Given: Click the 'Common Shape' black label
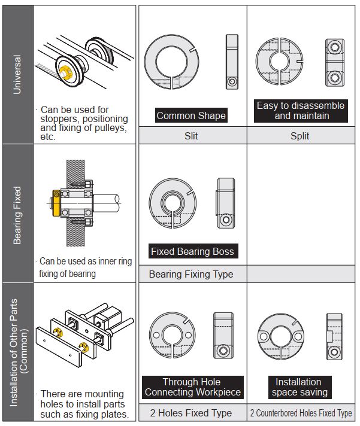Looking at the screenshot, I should pyautogui.click(x=191, y=115).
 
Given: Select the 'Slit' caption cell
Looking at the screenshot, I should pyautogui.click(x=191, y=136).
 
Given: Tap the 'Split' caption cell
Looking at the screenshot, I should pyautogui.click(x=300, y=136).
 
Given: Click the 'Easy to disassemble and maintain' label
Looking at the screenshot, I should pyautogui.click(x=300, y=111).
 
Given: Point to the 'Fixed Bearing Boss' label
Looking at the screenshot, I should pyautogui.click(x=193, y=251).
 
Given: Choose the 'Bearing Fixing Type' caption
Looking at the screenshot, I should pyautogui.click(x=191, y=274).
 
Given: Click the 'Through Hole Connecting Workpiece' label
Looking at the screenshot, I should pyautogui.click(x=193, y=387).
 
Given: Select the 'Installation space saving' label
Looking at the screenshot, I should pyautogui.click(x=299, y=387).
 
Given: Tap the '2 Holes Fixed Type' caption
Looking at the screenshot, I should pyautogui.click(x=191, y=413).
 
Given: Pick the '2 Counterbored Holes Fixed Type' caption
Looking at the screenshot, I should pyautogui.click(x=300, y=413).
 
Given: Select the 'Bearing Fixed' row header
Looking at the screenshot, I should pyautogui.click(x=17, y=214).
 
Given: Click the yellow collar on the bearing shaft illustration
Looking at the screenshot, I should pyautogui.click(x=56, y=202).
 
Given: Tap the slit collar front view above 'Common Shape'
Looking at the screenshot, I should pyautogui.click(x=171, y=61).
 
